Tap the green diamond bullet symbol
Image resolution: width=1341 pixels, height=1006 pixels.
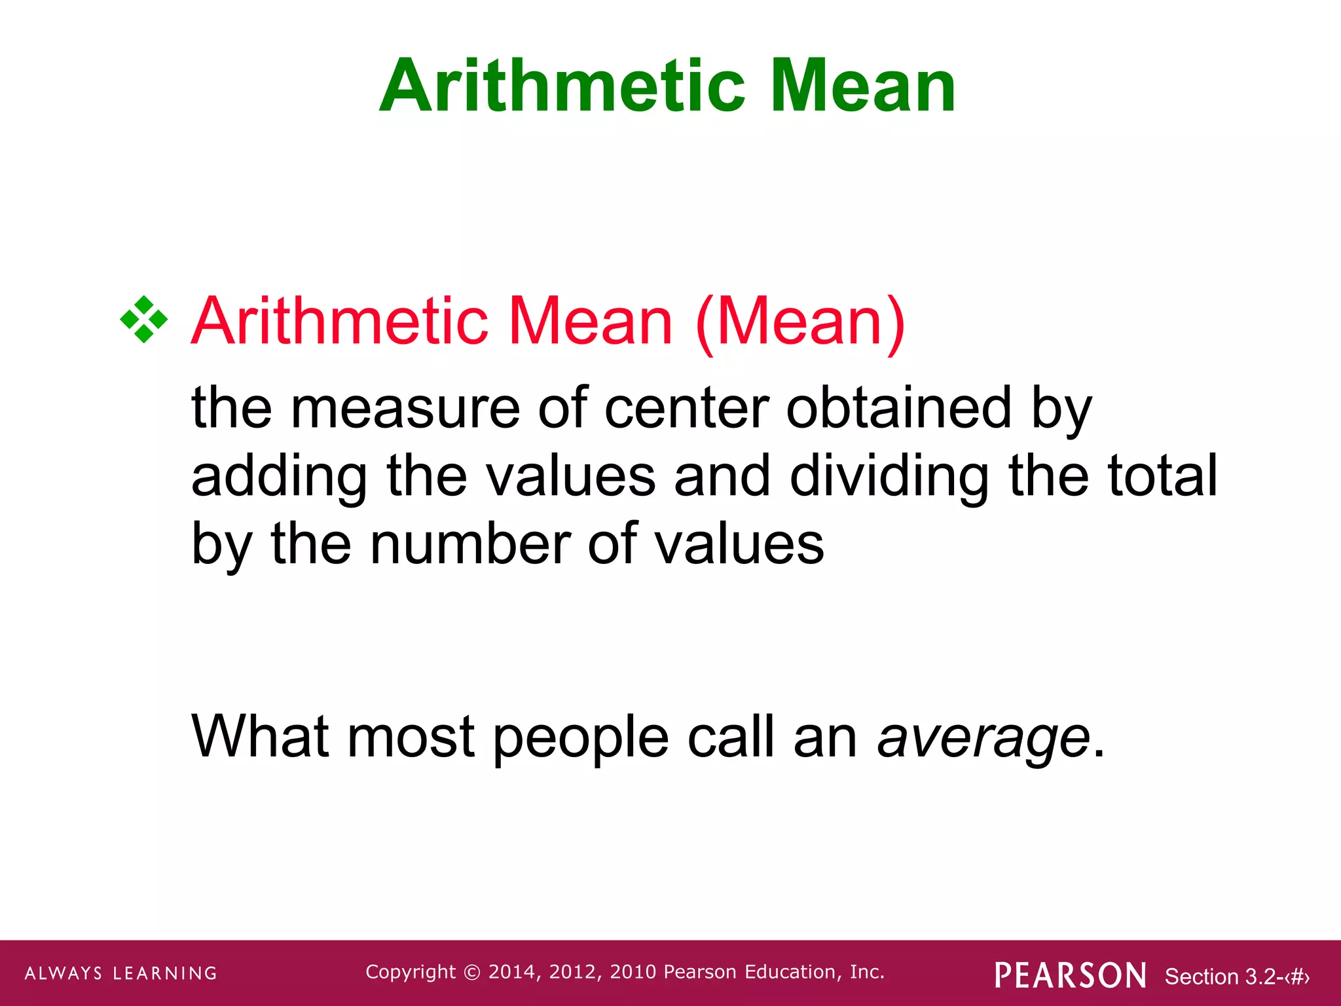144,320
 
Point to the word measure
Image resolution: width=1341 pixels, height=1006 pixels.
405,409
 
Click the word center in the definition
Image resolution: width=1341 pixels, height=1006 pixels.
686,409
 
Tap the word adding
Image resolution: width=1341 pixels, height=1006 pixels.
280,477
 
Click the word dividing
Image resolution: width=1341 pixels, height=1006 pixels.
889,477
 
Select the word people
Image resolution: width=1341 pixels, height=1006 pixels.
580,737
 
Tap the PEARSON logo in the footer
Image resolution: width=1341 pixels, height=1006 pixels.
1070,975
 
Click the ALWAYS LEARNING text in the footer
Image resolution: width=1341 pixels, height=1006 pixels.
121,973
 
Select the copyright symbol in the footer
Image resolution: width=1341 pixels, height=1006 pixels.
471,973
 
